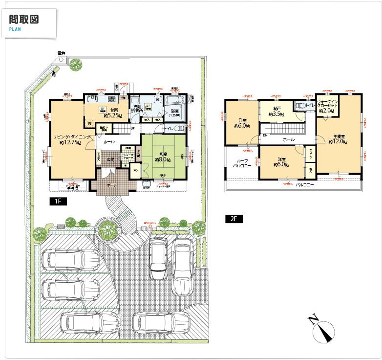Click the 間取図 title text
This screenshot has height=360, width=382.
click(x=24, y=20)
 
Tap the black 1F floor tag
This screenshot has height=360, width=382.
click(x=57, y=201)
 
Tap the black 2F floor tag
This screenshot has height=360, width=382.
click(x=233, y=219)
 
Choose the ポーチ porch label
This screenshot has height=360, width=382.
click(x=111, y=186)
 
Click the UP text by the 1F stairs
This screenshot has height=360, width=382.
click(x=133, y=129)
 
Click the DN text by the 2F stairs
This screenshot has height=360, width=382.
click(x=265, y=135)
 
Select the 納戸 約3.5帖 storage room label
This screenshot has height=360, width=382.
click(x=276, y=112)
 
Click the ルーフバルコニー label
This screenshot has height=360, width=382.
click(x=241, y=163)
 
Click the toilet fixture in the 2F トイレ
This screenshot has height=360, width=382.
click(x=300, y=105)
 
